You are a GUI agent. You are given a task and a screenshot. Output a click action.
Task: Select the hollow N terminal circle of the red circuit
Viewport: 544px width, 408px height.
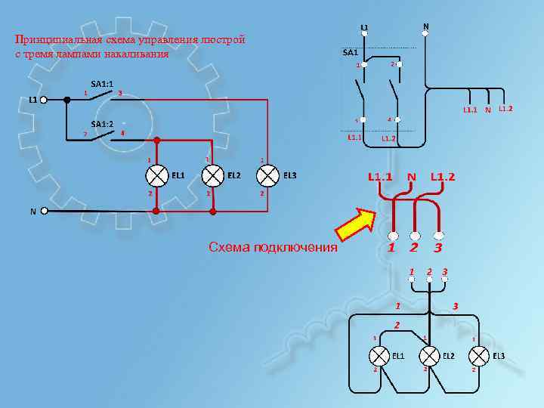coord(45,212)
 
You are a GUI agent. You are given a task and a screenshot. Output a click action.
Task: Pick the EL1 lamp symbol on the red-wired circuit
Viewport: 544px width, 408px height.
coord(156,175)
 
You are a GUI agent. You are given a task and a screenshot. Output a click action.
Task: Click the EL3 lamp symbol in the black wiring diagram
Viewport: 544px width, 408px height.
coord(478,354)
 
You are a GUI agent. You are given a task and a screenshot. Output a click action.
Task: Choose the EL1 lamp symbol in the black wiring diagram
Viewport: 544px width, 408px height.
coord(378,354)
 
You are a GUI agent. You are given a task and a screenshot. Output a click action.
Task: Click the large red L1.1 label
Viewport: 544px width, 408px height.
coord(380,177)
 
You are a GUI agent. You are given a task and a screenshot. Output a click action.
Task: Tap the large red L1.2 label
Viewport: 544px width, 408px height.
coord(444,177)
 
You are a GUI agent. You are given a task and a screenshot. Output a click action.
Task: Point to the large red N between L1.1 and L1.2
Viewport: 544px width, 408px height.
coord(412,177)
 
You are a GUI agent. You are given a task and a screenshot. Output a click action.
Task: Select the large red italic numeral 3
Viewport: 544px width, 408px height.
coord(437,248)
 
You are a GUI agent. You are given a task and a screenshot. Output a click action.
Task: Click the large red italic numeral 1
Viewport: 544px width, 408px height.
coord(391,248)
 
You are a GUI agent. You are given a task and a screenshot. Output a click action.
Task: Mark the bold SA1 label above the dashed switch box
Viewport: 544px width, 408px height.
coord(349,53)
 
